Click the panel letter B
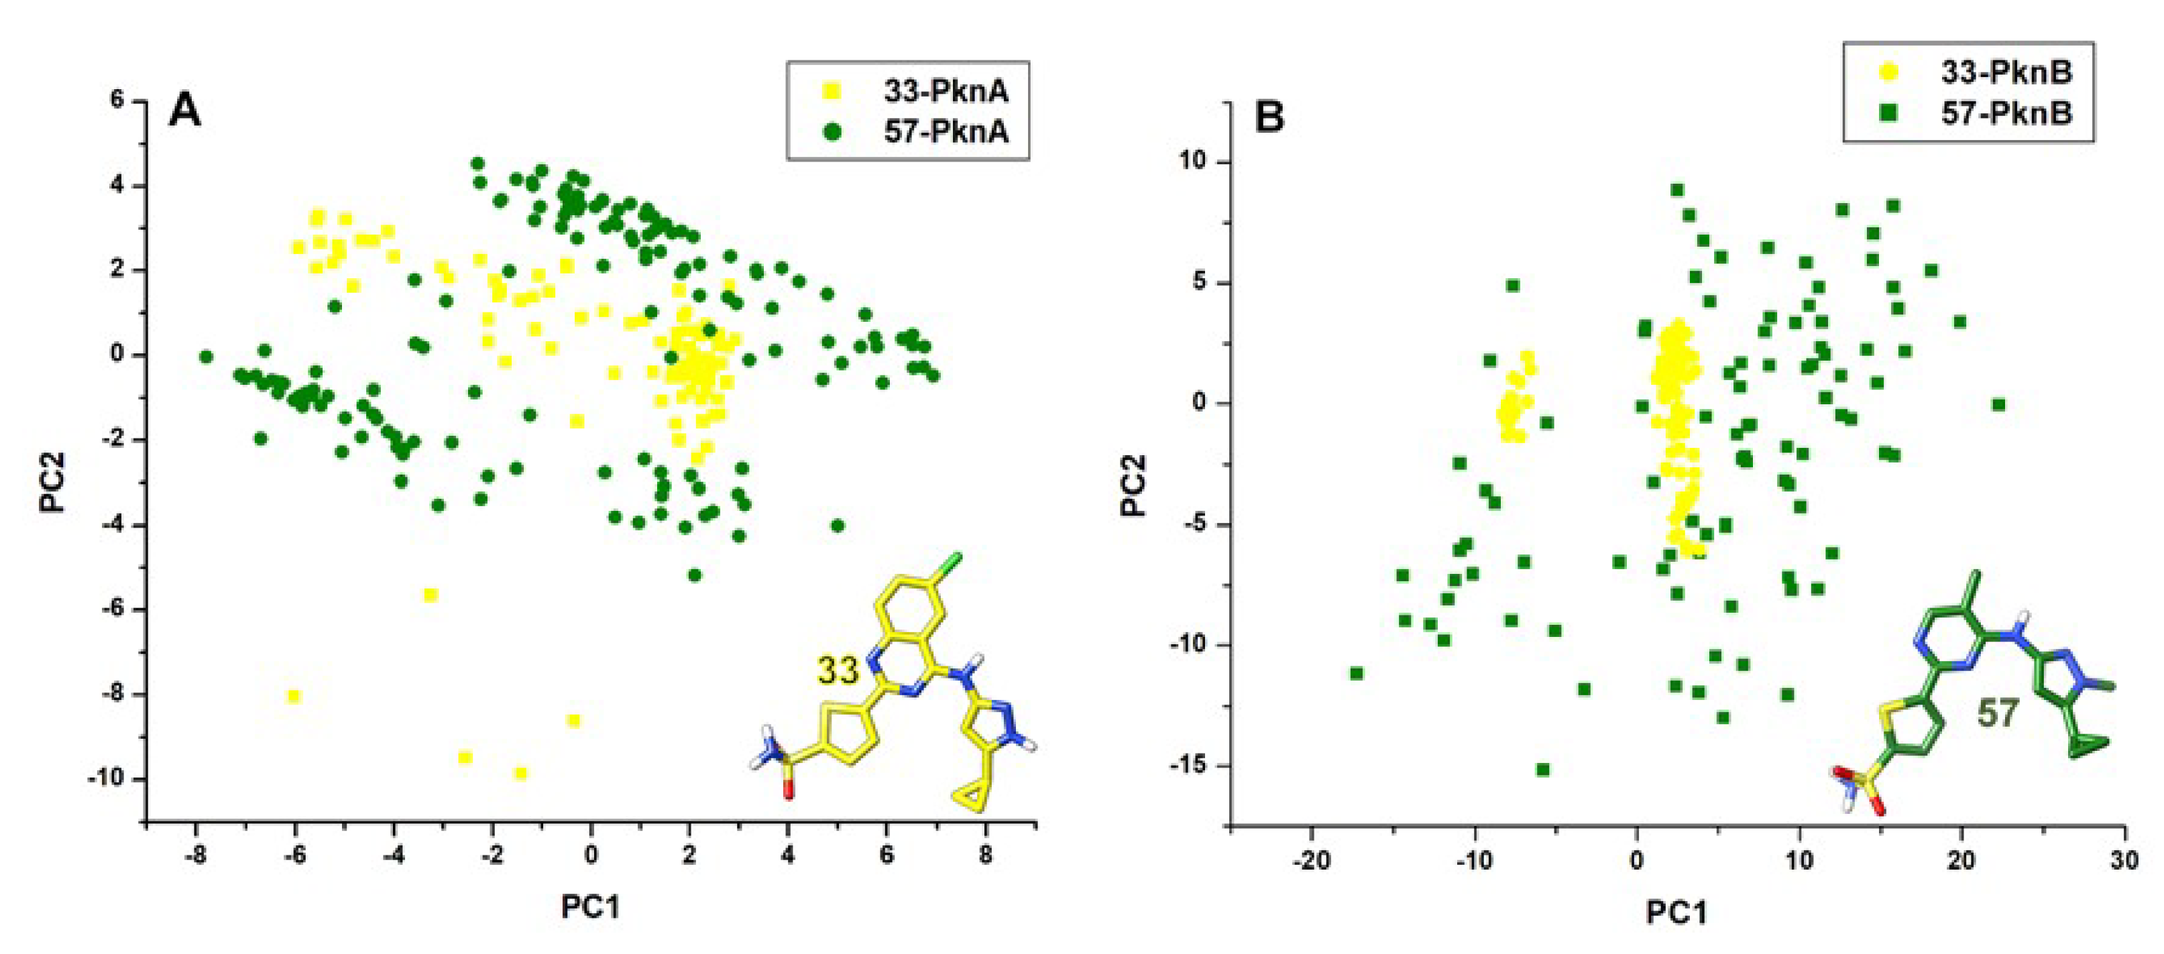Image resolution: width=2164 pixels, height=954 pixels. click(x=1269, y=117)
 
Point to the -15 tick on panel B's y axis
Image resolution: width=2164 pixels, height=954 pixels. click(x=1187, y=766)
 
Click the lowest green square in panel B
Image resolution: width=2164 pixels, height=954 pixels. click(x=1542, y=769)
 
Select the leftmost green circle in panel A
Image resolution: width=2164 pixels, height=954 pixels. click(x=206, y=357)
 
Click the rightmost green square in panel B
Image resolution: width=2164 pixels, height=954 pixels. click(x=1998, y=405)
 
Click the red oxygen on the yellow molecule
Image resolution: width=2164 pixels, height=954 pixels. click(x=788, y=790)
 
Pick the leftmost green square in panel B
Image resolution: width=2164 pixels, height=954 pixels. click(x=1356, y=674)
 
